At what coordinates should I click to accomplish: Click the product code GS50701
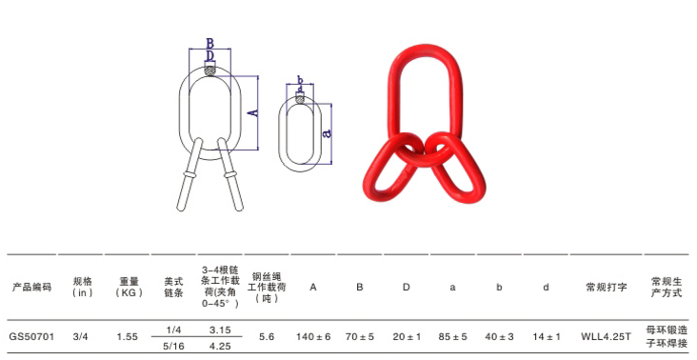pyautogui.click(x=31, y=337)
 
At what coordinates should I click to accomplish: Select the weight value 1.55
pyautogui.click(x=127, y=337)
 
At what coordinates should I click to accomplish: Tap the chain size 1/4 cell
pyautogui.click(x=173, y=329)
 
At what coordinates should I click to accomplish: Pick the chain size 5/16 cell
pyautogui.click(x=173, y=347)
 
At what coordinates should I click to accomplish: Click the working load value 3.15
pyautogui.click(x=221, y=329)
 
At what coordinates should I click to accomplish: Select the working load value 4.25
pyautogui.click(x=221, y=347)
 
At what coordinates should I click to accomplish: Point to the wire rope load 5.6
pyautogui.click(x=267, y=337)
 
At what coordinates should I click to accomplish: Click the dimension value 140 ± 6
pyautogui.click(x=313, y=337)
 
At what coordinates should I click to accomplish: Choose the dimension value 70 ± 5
pyautogui.click(x=359, y=337)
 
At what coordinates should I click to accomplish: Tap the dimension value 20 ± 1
pyautogui.click(x=406, y=337)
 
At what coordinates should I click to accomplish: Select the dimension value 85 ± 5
pyautogui.click(x=452, y=337)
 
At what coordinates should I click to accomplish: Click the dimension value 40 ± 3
pyautogui.click(x=499, y=337)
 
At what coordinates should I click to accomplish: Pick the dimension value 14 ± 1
pyautogui.click(x=546, y=337)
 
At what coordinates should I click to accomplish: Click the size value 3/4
pyautogui.click(x=81, y=337)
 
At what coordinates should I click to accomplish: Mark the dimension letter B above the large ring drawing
pyautogui.click(x=209, y=43)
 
